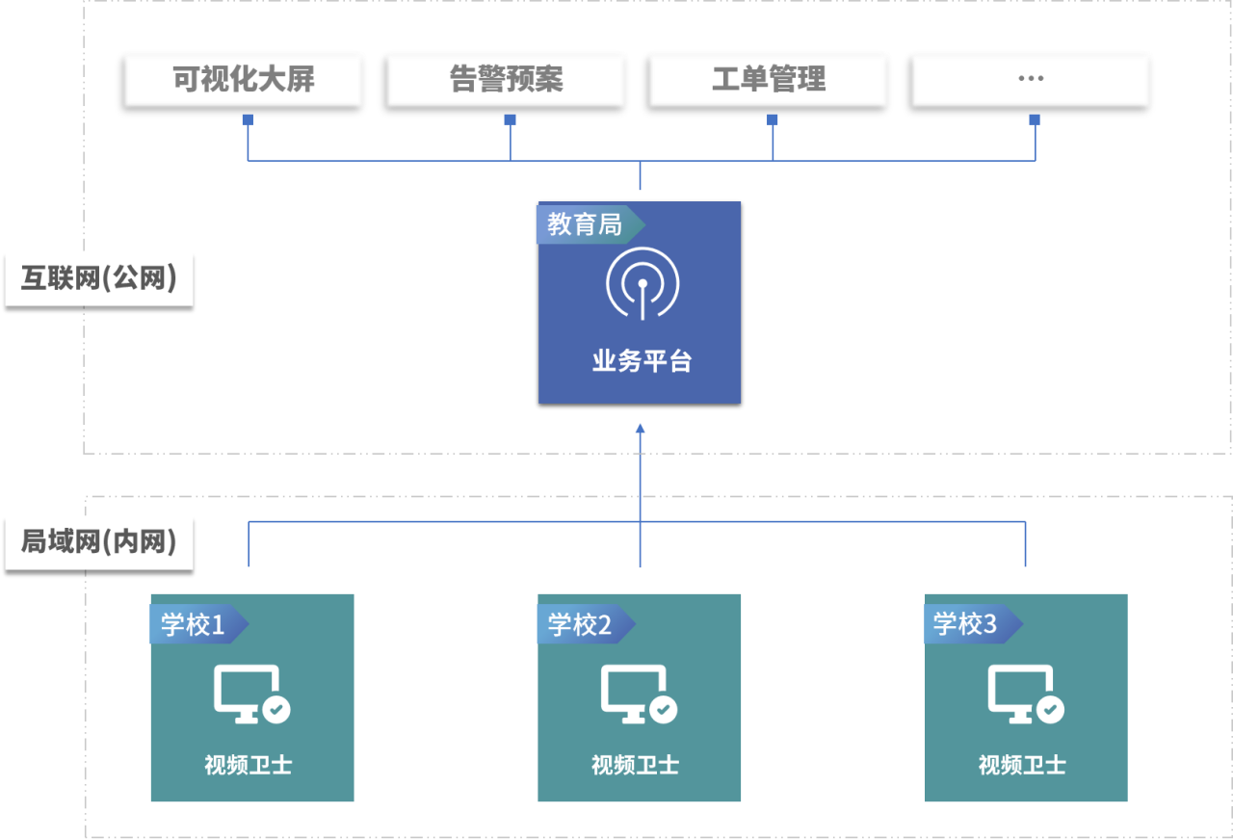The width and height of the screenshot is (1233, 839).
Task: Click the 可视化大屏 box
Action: pos(244,79)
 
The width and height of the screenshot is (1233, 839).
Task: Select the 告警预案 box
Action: pos(506,79)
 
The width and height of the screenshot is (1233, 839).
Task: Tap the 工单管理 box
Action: pos(769,79)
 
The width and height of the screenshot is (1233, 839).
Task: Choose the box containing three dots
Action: pos(1031,79)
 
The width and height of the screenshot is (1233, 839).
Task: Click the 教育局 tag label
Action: pos(586,224)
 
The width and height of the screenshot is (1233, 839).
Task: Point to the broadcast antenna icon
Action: pos(642,284)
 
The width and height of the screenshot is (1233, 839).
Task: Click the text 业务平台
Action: pos(642,362)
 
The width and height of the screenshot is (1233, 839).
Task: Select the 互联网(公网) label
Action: pos(99,278)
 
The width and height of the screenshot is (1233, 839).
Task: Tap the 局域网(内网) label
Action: pos(99,542)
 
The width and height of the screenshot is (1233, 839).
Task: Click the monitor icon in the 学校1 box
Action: pos(245,691)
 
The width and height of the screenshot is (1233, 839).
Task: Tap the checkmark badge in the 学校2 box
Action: pos(663,710)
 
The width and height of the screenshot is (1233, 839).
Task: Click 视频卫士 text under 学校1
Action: pos(249,766)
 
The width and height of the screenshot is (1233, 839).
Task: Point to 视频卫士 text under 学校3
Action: pos(1022,766)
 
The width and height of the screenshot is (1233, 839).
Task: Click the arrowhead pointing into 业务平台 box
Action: pos(640,429)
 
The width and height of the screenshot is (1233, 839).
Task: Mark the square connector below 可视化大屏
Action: pos(248,119)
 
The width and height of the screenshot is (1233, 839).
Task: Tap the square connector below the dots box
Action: pos(1035,119)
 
